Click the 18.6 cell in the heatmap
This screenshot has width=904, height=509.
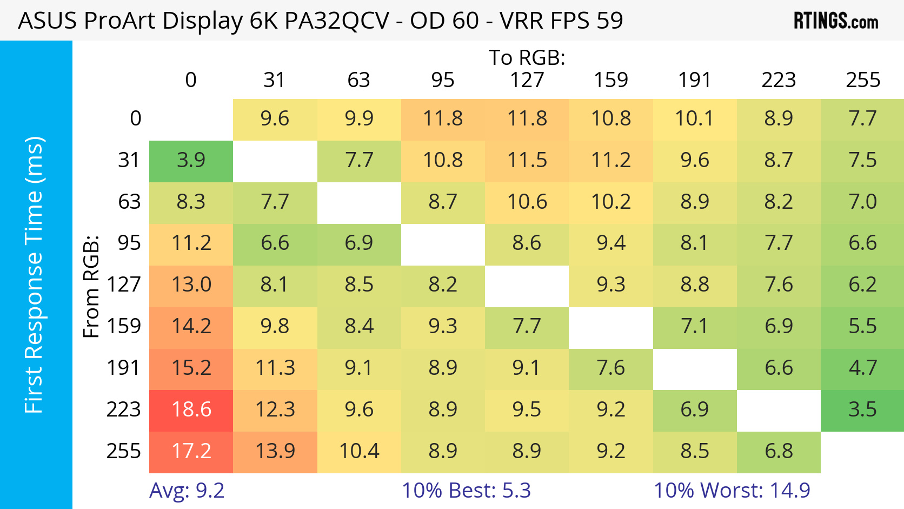coord(191,409)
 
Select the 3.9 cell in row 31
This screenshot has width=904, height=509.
coord(191,160)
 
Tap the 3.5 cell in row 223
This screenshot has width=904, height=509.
coord(862,409)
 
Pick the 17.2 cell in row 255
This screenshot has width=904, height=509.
coord(191,451)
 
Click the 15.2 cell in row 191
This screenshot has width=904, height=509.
coord(191,368)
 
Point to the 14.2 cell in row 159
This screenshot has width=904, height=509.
coord(191,326)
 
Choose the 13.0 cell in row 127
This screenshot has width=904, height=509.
coord(191,285)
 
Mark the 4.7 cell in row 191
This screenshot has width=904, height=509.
coord(862,368)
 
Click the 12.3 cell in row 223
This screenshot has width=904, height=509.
coord(275,409)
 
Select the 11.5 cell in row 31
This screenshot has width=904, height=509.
coord(527,160)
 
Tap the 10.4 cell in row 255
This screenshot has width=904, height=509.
coord(359,451)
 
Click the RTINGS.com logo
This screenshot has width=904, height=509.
coord(835,21)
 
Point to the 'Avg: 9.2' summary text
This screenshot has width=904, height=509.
coord(187,491)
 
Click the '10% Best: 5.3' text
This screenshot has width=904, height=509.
coord(466,491)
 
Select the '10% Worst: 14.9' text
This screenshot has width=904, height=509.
coord(732,491)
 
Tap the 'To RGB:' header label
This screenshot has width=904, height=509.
coord(527,57)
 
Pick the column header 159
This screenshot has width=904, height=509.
coord(611,80)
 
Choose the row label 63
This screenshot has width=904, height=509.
coord(129,202)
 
